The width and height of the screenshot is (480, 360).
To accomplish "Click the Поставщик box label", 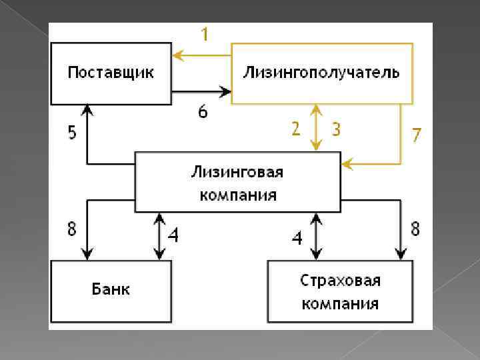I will pos(110,72).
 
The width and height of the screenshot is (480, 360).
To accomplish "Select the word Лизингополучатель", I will pos(321,72).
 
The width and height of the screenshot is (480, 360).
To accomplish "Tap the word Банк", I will pos(111,289).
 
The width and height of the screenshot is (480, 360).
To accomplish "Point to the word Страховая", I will pos(340,280).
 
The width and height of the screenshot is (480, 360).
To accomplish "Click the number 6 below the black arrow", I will pos(203,112).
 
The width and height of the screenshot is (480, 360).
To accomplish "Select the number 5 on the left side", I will pos(71,133).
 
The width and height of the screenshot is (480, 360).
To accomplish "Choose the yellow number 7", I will pos(417,135).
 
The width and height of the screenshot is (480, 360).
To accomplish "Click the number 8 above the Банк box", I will pos(71,229).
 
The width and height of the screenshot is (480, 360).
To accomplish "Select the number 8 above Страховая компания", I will pos(415,229).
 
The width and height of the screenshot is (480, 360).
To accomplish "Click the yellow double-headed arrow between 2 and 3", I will pos(317,127).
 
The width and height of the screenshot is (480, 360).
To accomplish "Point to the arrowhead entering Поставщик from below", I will pos(87,108).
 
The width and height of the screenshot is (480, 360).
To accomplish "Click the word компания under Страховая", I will pos(340,304).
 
